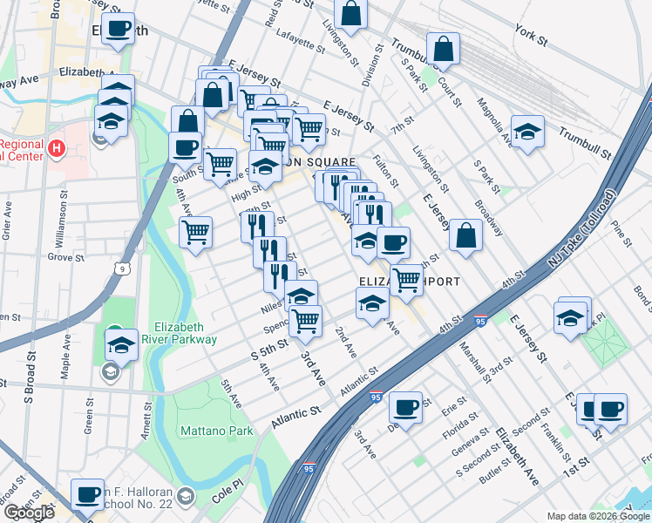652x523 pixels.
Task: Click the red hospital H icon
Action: pyautogui.click(x=58, y=148)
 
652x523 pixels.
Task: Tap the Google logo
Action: pyautogui.click(x=29, y=513)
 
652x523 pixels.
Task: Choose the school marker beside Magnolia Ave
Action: pyautogui.click(x=527, y=132)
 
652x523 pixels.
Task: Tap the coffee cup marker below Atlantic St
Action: pyautogui.click(x=405, y=407)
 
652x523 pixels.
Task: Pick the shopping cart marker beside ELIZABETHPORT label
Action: pyautogui.click(x=406, y=280)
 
